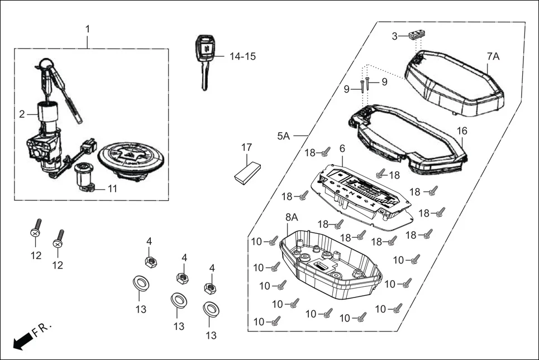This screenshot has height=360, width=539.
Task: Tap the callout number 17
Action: tap(246, 148)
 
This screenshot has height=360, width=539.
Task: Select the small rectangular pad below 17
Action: tap(247, 172)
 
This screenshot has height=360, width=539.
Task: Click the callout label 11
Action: tap(112, 189)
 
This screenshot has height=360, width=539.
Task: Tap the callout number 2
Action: tap(22, 114)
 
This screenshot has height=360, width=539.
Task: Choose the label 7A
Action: tap(493, 56)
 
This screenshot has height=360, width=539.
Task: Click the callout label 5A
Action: tap(283, 136)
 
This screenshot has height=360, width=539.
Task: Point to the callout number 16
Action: tap(462, 131)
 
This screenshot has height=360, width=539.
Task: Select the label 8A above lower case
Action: tap(292, 217)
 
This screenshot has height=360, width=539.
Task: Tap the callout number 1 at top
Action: tap(87, 28)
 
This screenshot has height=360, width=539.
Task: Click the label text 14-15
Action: tap(243, 56)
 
